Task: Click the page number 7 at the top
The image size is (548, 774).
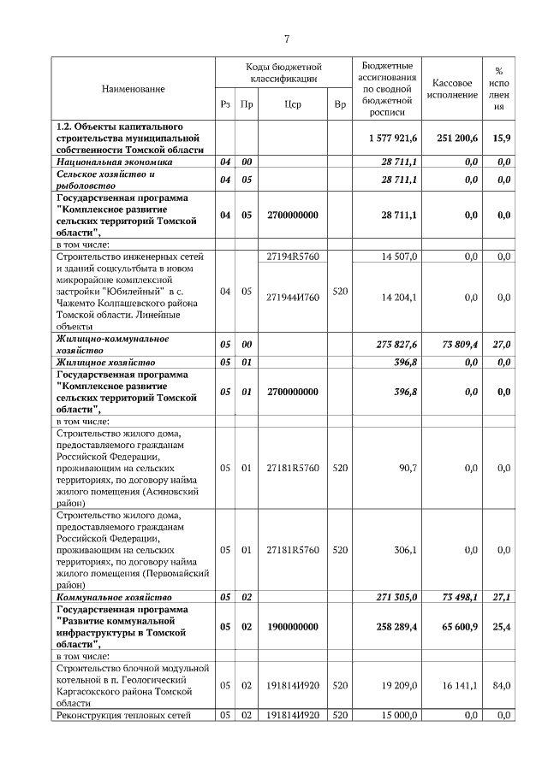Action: [x=287, y=38]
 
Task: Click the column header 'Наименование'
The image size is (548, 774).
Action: [x=133, y=88]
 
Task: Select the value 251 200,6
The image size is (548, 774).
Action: [x=454, y=138]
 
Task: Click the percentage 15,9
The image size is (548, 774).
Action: [x=502, y=138]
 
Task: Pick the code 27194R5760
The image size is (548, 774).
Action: [x=293, y=256]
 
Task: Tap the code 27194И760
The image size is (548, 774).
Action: [x=293, y=297]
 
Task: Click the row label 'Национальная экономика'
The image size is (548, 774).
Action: [x=115, y=161]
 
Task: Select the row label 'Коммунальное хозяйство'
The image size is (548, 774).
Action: [x=114, y=596]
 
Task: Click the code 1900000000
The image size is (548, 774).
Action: [x=293, y=626]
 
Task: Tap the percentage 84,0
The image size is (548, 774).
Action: [x=503, y=685]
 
